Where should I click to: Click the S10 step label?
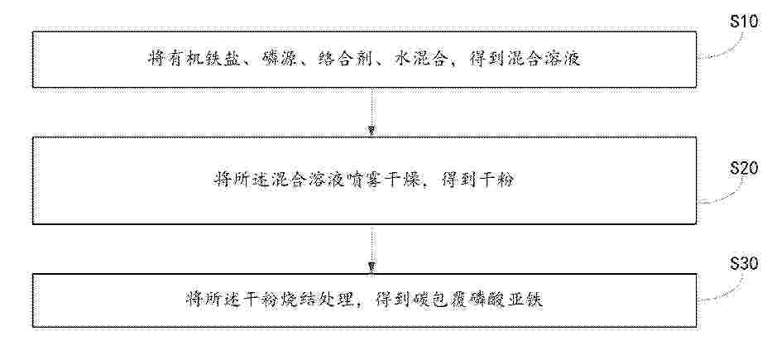tap(743, 22)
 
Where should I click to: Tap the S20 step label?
tap(743, 169)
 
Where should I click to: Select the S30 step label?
tap(743, 265)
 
